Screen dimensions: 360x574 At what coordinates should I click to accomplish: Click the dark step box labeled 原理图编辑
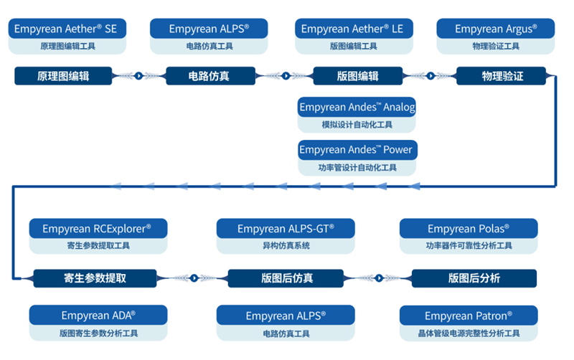click(63, 75)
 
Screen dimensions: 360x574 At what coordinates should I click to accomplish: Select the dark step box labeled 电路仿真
click(209, 75)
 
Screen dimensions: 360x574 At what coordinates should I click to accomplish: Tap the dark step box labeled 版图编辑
click(357, 75)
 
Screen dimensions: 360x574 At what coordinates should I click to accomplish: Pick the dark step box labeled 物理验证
click(502, 75)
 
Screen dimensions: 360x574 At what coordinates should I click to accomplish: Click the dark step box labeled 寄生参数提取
click(95, 278)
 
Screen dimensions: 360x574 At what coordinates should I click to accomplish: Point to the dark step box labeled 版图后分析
click(474, 278)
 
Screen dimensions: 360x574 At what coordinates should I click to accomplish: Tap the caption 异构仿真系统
click(286, 246)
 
